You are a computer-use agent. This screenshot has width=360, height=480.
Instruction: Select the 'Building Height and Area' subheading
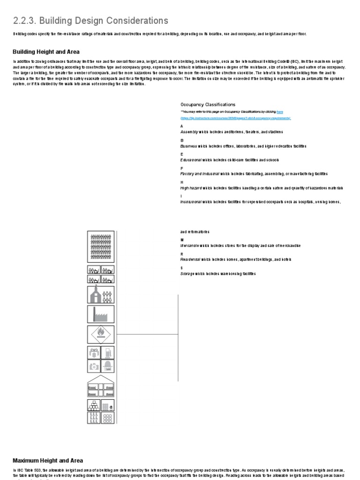click(x=45, y=52)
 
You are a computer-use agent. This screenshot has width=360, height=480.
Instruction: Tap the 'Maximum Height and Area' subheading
click(x=47, y=460)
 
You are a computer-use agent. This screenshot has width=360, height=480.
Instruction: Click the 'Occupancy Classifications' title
click(x=208, y=105)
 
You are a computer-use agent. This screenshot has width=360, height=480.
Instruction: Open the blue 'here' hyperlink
click(x=280, y=112)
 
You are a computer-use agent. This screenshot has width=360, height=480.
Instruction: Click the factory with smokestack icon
click(x=100, y=314)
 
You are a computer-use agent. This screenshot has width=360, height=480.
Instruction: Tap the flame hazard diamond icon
click(x=100, y=335)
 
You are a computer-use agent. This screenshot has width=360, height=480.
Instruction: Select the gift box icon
click(x=93, y=352)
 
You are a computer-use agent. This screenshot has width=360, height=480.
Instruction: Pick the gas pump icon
click(x=108, y=352)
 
